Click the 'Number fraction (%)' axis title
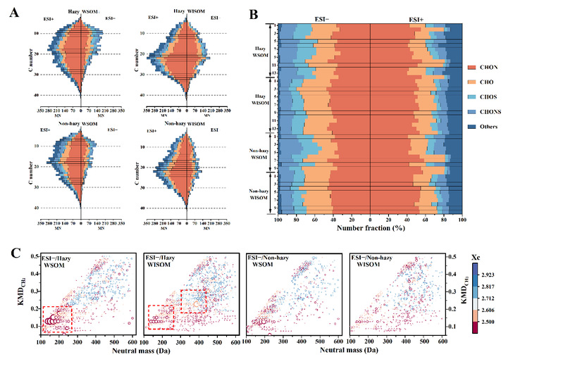point(370,230)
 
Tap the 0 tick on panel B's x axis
point(370,220)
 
